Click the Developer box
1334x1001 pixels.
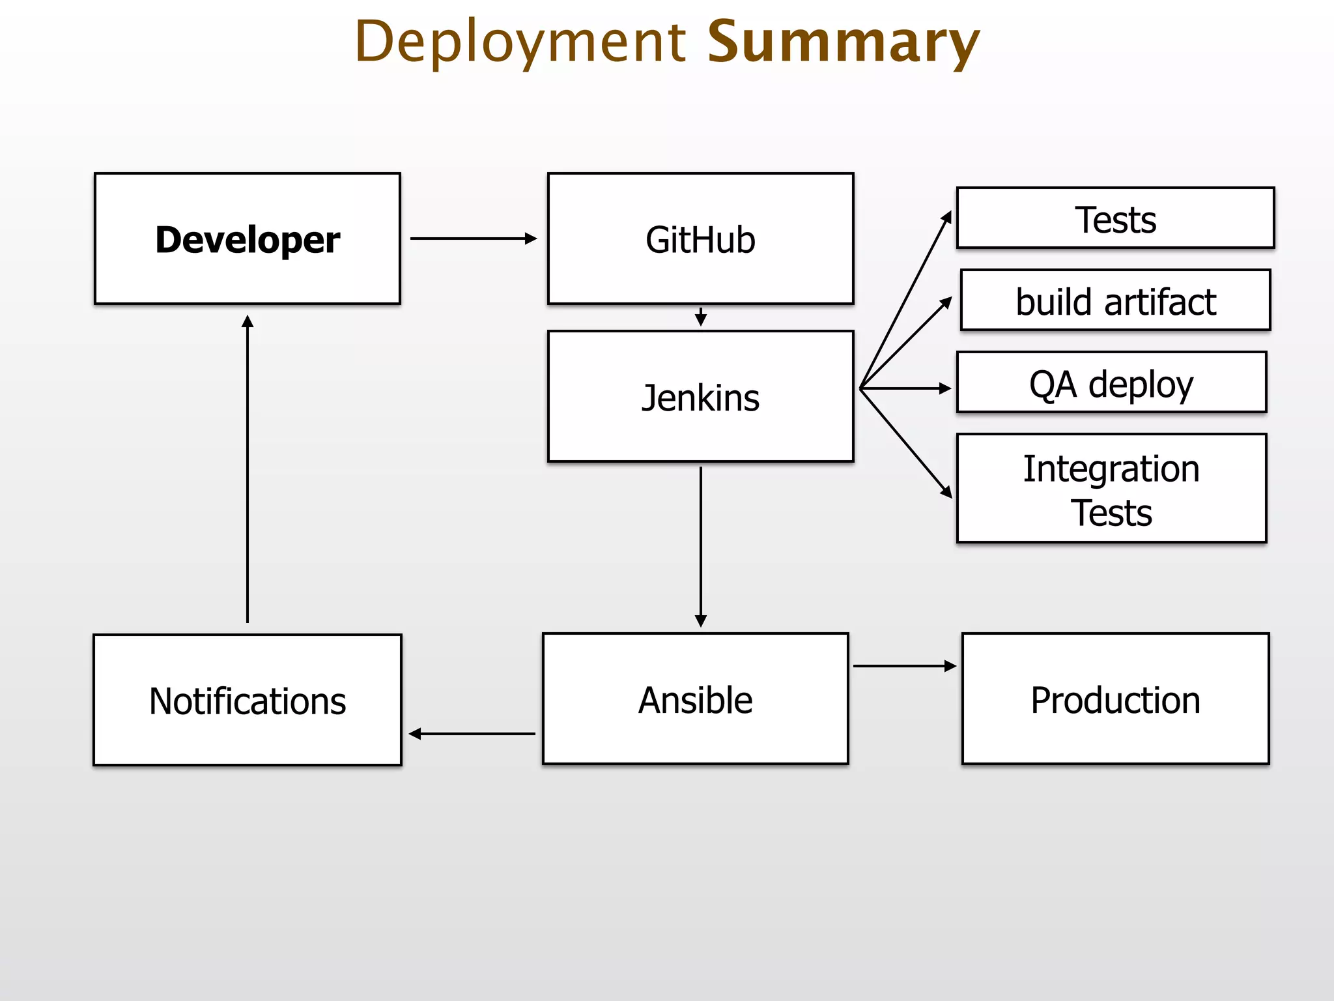(x=247, y=239)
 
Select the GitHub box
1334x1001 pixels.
(x=700, y=239)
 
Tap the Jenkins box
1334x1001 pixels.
(x=700, y=396)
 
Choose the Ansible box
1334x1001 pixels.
(x=695, y=699)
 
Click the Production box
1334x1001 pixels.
(x=1115, y=699)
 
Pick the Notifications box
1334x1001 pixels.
(x=247, y=700)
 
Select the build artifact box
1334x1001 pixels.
(x=1115, y=300)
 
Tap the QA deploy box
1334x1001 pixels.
(x=1111, y=383)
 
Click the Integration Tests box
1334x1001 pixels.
(x=1111, y=489)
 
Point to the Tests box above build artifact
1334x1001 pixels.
(x=1115, y=218)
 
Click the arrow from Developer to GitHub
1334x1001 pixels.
(x=473, y=239)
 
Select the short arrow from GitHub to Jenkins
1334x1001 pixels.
(x=701, y=317)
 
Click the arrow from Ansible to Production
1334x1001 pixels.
(x=904, y=666)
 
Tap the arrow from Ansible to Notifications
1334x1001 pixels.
(x=473, y=734)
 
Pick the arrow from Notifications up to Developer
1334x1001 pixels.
(x=248, y=469)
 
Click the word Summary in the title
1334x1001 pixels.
(x=843, y=42)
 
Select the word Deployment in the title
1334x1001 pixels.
(x=520, y=42)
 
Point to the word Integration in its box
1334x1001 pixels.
(x=1111, y=469)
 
